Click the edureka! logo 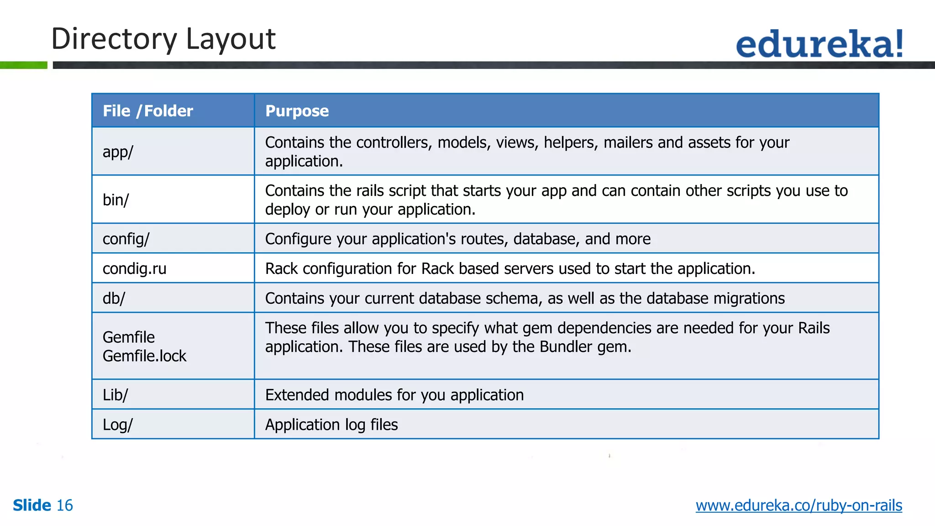coord(819,44)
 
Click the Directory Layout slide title coord(163,39)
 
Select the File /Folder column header coord(147,111)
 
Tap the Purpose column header coord(297,111)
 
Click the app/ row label coord(118,152)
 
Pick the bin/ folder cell coord(116,200)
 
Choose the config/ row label coord(126,239)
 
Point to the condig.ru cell coord(134,268)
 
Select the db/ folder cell coord(114,298)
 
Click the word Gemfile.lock coord(144,356)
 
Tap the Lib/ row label coord(116,395)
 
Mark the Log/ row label coord(117,425)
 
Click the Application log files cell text coord(331,425)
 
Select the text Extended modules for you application coord(394,395)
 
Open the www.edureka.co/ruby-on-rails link coord(798,505)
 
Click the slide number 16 coord(64,505)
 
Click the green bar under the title coord(23,65)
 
